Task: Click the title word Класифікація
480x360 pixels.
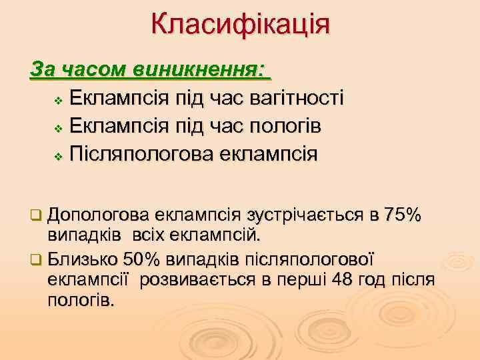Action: point(240,25)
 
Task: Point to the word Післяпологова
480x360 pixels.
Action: point(136,154)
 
